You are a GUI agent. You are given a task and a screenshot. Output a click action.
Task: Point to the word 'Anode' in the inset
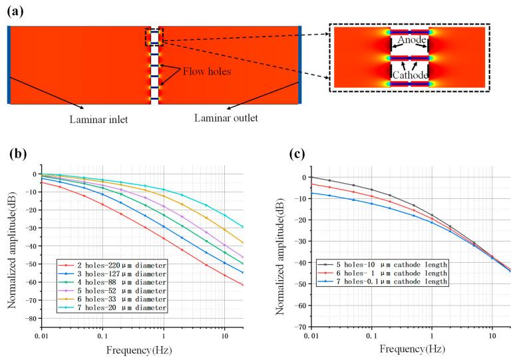point(409,41)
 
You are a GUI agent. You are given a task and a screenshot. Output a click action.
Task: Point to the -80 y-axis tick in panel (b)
point(31,319)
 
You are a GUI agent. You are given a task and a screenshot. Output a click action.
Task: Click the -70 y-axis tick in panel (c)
point(300,327)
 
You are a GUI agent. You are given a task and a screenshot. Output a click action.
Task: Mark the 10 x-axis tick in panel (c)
point(492,335)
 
